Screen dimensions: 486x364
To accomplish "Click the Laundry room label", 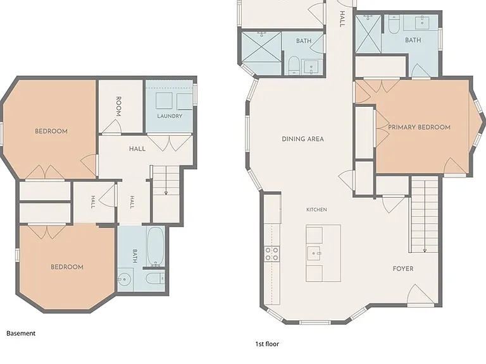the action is pos(170,116).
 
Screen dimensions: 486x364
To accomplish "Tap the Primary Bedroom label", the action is pos(419,127).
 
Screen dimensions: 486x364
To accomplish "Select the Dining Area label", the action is pos(303,139).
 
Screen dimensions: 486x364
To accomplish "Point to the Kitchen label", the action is pos(316,210).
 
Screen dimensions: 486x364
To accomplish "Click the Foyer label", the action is pos(403,269).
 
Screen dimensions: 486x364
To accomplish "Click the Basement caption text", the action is pos(21,334).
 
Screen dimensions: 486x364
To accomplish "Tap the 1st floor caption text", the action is pos(267,344).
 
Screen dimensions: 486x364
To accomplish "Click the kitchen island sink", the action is pos(315,253).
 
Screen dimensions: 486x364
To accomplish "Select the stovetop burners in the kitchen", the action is pos(271,253).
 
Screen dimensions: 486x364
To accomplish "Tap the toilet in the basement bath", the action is pos(155,279).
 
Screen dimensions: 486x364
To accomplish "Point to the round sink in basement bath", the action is pos(124,279).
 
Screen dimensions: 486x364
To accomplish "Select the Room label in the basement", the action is pos(118,106).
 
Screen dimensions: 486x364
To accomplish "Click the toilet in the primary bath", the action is pos(394,25).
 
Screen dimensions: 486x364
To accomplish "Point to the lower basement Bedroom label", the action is pos(67,267).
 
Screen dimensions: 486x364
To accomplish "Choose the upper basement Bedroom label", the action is pos(51,131).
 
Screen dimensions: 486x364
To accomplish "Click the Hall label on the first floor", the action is pos(342,19).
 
